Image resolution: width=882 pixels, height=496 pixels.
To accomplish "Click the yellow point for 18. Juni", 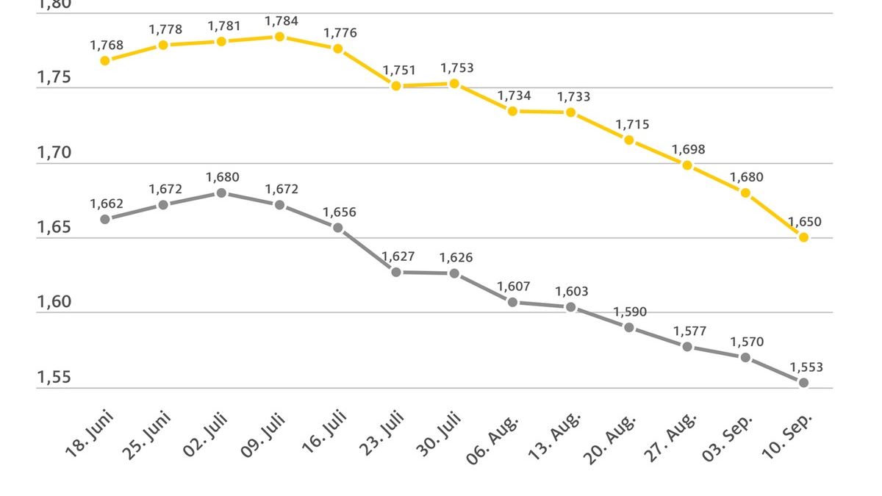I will pos(105,60).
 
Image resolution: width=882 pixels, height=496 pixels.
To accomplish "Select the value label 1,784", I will pos(282,21).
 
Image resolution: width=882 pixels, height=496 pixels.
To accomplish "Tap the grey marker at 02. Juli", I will pos(221,193).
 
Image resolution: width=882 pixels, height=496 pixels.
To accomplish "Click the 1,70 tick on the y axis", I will pos(54,153).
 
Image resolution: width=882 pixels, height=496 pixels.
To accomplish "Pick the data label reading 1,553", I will pos(806,367).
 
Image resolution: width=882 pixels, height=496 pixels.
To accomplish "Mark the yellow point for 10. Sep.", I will pos(803,237).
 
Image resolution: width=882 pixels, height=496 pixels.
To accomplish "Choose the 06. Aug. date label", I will pos(492,440).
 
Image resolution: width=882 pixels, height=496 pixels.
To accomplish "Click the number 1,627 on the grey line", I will pos(398,256).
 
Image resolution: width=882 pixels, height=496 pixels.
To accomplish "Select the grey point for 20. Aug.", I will pos(629,327).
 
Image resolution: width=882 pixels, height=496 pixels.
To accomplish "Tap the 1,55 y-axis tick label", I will pos(54,378).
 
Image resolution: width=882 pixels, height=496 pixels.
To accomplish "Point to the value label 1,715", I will pos(632,125).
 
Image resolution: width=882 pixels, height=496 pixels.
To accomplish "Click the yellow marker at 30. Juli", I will pos(454,84).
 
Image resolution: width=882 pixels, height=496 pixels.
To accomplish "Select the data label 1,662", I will pos(107,204).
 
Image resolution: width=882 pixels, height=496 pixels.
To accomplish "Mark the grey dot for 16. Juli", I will pos(338,227).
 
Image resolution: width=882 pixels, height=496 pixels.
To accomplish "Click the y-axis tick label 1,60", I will pos(54,303).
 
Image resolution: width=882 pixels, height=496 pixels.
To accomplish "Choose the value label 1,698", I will pos(688,149).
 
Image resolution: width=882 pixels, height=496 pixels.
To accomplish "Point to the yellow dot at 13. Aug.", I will pos(570,112).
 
